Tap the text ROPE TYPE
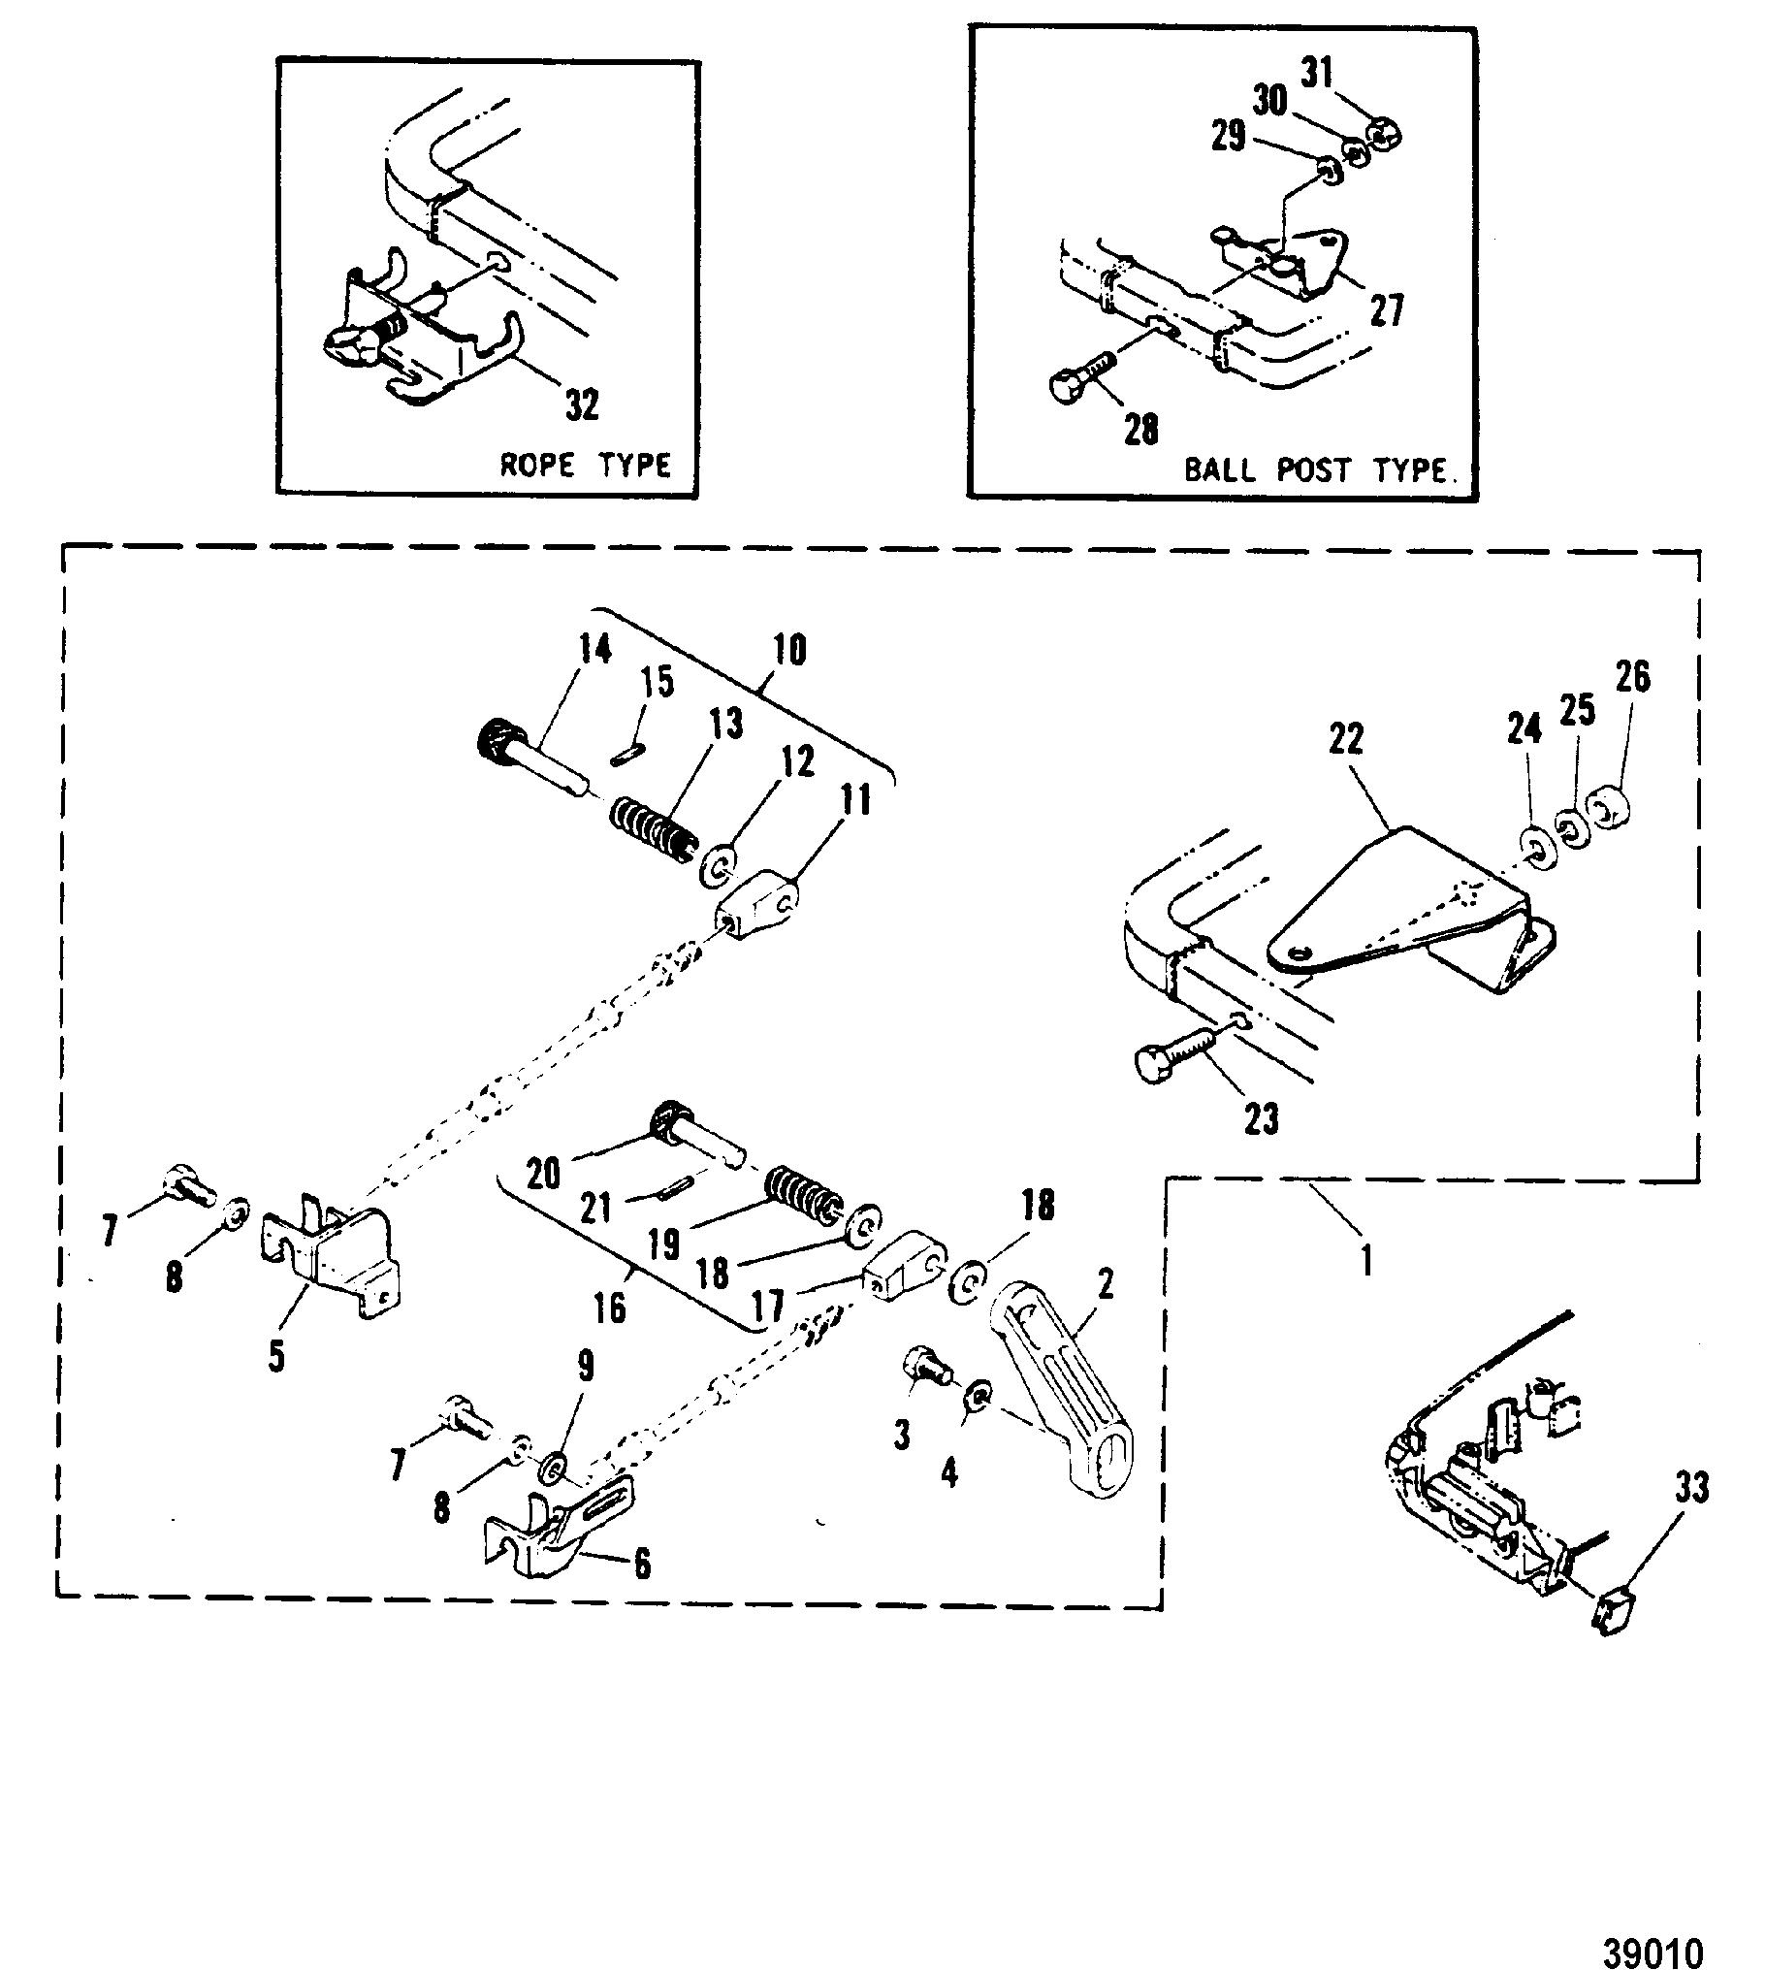coord(585,465)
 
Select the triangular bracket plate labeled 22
coord(1411,910)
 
